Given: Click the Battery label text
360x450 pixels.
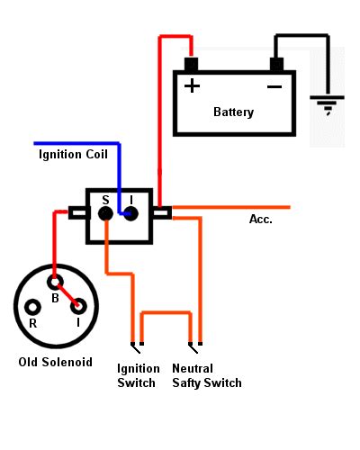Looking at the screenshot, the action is [x=233, y=112].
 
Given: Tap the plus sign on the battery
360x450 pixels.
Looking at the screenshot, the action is [x=192, y=86].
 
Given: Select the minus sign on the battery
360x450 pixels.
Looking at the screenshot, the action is [x=274, y=87].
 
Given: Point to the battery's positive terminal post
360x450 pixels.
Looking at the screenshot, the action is [x=191, y=65].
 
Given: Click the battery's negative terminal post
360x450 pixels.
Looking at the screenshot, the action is [x=276, y=65].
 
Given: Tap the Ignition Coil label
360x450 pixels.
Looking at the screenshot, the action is [x=73, y=155].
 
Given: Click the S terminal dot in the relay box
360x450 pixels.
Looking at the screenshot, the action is [x=105, y=214].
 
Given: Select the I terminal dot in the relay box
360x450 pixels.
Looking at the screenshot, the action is [x=131, y=214].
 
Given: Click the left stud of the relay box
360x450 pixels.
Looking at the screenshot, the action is [x=79, y=212].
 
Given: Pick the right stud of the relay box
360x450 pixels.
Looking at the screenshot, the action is [x=162, y=212].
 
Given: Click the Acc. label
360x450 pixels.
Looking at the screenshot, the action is [x=261, y=220].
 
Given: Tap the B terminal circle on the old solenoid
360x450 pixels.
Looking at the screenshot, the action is [x=55, y=282].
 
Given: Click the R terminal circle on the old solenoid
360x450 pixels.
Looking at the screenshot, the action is [x=32, y=307].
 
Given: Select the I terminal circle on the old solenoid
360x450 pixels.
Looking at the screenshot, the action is [x=78, y=306].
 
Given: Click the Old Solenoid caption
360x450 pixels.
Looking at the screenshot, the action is [x=56, y=362].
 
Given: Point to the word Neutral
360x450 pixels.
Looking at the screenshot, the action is [x=193, y=368].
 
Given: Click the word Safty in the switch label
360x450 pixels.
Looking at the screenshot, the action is [x=186, y=383].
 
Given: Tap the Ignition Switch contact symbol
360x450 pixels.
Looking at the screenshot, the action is [x=137, y=346].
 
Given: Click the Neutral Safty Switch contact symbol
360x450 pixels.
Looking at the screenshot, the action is [x=195, y=346].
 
